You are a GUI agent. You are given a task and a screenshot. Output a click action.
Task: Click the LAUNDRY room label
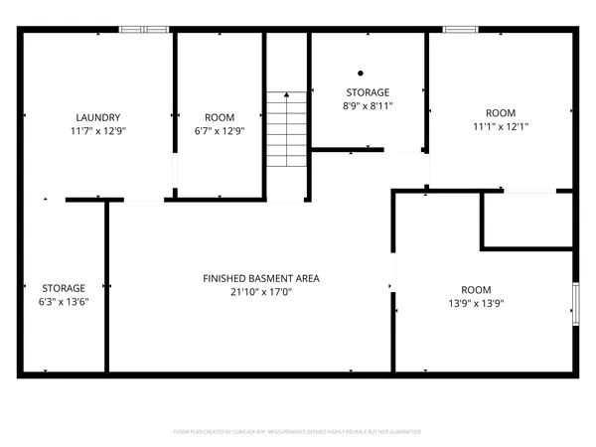[x=97, y=116]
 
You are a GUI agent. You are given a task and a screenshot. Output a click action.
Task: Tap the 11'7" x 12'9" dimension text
[x=97, y=130]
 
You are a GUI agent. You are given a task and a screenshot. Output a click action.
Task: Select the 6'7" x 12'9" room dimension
[x=219, y=130]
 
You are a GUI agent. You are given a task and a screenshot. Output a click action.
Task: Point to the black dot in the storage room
[x=361, y=73]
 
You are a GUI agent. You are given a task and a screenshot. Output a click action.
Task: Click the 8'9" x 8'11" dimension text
[x=368, y=105]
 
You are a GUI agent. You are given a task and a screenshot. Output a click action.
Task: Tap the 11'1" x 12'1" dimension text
[x=501, y=126]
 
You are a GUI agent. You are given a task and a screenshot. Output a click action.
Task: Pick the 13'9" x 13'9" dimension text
[x=483, y=304]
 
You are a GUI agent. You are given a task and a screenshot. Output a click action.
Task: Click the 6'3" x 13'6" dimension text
[x=64, y=302]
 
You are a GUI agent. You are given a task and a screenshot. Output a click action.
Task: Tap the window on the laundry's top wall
[x=145, y=30]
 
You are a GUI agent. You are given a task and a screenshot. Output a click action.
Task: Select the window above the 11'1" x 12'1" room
[x=459, y=30]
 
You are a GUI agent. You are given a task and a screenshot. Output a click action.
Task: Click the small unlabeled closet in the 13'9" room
[x=526, y=221]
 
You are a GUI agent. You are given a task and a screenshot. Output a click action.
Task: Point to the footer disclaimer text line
[x=298, y=432]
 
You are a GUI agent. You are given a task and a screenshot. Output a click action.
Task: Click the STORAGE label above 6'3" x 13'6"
[x=64, y=288]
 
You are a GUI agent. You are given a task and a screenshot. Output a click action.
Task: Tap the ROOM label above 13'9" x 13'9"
[x=483, y=290]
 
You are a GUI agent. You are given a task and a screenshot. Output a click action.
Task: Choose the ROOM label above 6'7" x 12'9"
[x=219, y=116]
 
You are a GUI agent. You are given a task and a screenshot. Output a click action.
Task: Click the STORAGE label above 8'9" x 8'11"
[x=368, y=91]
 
